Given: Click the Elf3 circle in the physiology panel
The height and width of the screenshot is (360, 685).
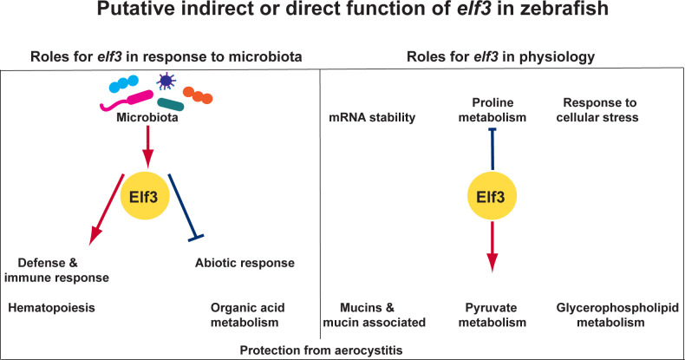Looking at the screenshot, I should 493,196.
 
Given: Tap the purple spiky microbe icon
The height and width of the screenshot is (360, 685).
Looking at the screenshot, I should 163,82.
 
